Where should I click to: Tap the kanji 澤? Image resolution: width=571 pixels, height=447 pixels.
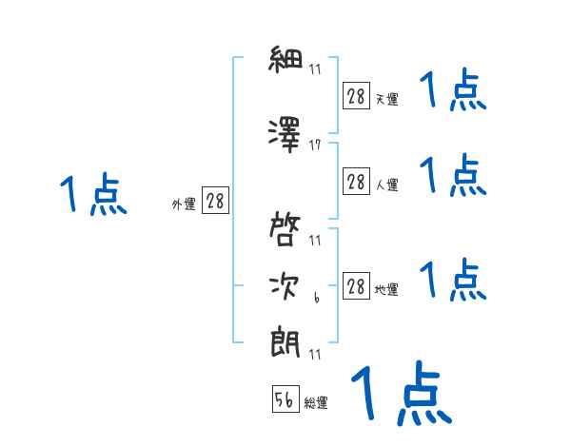(285, 134)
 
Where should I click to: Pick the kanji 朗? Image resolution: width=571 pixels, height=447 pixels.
(285, 341)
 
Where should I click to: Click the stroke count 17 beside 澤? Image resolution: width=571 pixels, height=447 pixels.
(315, 146)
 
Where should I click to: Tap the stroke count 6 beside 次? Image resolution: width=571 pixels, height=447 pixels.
(315, 299)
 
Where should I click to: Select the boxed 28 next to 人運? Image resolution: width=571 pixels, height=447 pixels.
(356, 182)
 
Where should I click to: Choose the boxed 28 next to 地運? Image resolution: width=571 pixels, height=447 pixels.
(356, 286)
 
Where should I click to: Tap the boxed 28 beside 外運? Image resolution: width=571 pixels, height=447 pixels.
(215, 201)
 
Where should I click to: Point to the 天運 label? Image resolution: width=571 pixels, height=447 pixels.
(386, 98)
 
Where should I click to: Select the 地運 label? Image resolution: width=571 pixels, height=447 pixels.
(386, 290)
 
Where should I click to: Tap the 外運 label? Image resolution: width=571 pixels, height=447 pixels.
(184, 204)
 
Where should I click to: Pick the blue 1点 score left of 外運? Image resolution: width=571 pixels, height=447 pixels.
(92, 196)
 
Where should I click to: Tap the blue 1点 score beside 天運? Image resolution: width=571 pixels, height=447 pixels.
(453, 92)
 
